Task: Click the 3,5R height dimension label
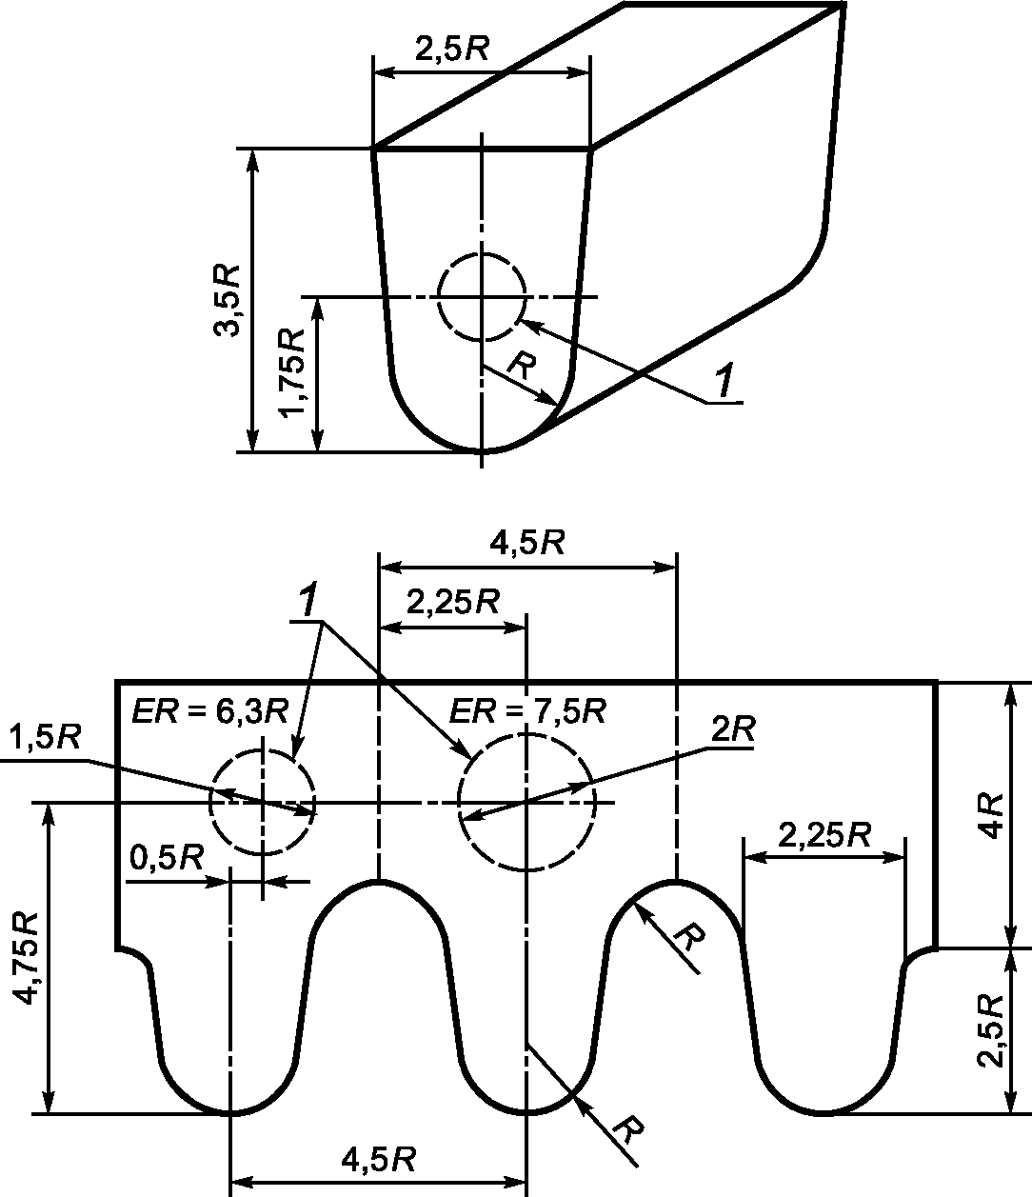tap(228, 300)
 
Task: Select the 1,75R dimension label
tap(291, 372)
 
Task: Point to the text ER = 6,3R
tap(209, 711)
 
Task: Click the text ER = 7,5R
tap(527, 711)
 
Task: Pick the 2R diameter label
tap(733, 729)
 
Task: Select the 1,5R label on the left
tap(44, 738)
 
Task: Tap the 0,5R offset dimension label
tap(167, 858)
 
